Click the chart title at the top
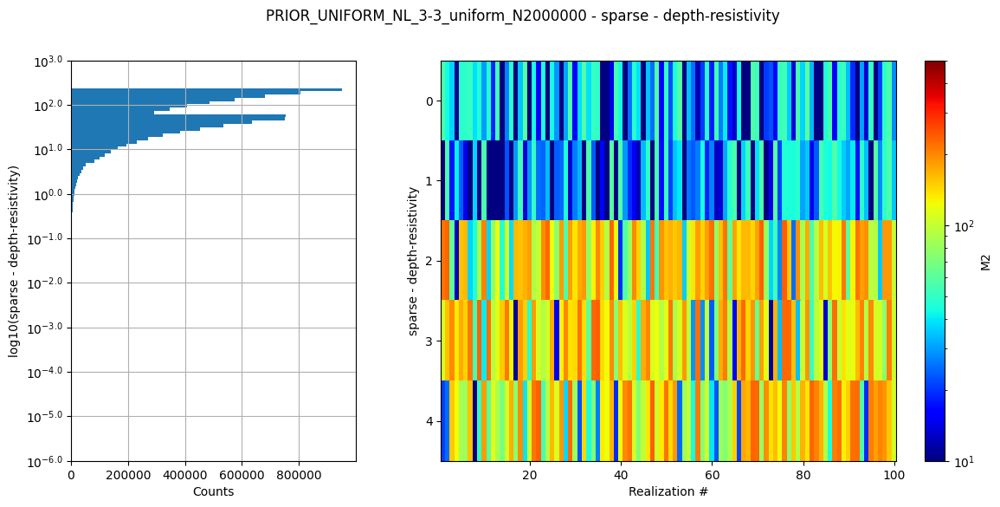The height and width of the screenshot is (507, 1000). (x=522, y=16)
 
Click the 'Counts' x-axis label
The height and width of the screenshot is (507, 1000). (x=213, y=491)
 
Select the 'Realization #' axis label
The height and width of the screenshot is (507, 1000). (x=668, y=491)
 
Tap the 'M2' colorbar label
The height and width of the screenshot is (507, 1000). (x=985, y=261)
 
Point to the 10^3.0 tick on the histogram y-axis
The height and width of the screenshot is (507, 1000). (x=49, y=61)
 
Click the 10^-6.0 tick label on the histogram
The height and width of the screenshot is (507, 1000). (x=48, y=461)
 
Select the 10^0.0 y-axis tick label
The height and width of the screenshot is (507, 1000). (x=49, y=194)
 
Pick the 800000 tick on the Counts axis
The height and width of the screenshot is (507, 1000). (x=299, y=475)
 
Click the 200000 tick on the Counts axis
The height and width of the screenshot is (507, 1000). (x=128, y=475)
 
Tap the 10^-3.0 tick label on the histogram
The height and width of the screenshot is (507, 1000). (x=48, y=328)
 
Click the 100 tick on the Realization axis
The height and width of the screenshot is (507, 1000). (x=894, y=475)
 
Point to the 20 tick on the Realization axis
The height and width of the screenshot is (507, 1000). (x=529, y=475)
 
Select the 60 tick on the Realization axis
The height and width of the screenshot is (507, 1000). (x=712, y=475)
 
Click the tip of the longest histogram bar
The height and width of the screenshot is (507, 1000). (x=341, y=89)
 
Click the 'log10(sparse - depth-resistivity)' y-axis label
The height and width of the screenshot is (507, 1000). (x=14, y=261)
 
